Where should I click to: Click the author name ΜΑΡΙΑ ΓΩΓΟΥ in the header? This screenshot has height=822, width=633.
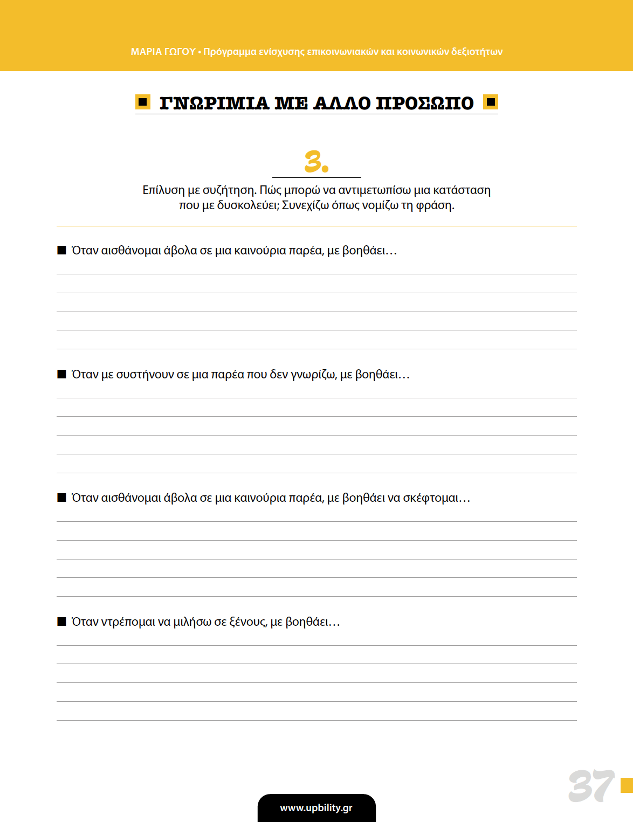pyautogui.click(x=163, y=52)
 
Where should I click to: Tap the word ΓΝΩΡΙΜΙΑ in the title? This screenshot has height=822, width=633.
pyautogui.click(x=214, y=103)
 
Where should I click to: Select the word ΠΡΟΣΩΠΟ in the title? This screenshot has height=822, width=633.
pyautogui.click(x=424, y=103)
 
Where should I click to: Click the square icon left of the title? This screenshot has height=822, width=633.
pyautogui.click(x=143, y=102)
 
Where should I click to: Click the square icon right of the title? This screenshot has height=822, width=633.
pyautogui.click(x=491, y=102)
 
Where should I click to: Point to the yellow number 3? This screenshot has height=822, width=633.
pyautogui.click(x=316, y=162)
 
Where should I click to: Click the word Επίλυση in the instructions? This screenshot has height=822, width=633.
pyautogui.click(x=163, y=190)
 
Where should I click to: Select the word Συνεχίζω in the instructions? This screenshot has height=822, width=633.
pyautogui.click(x=305, y=205)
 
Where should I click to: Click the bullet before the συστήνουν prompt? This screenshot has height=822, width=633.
pyautogui.click(x=61, y=374)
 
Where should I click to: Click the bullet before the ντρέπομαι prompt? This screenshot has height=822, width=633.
pyautogui.click(x=61, y=621)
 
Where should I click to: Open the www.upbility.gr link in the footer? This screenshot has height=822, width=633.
pyautogui.click(x=316, y=808)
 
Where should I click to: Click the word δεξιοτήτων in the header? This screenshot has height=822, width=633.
pyautogui.click(x=477, y=52)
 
